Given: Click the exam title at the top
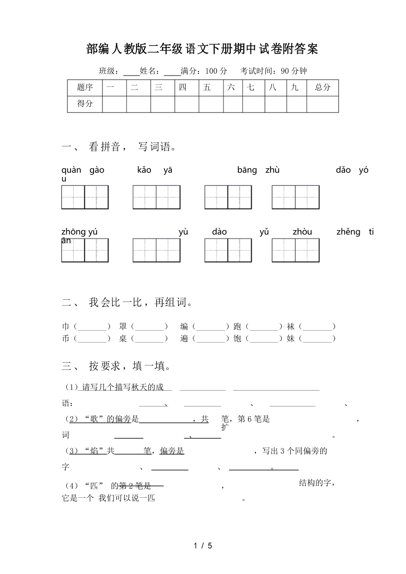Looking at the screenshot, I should [202, 49].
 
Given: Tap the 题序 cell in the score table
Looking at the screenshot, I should [85, 87].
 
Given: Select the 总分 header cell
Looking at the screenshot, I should [323, 87].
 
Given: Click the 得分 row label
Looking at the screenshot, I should [85, 104].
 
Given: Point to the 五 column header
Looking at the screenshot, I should [207, 87].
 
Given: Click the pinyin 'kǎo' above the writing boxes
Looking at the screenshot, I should [144, 170].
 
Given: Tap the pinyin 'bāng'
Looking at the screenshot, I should [247, 170].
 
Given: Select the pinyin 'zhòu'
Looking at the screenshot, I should [302, 232].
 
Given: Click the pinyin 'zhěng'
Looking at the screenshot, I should [348, 232].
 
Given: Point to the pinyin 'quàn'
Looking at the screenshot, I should [71, 170].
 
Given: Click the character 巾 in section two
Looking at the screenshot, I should [66, 327].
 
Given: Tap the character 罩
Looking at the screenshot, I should [123, 327].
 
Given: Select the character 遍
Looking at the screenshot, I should [184, 339].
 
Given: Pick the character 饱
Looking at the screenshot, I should [237, 339].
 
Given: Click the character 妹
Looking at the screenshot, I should [290, 339].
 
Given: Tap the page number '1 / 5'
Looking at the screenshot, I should [203, 546].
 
